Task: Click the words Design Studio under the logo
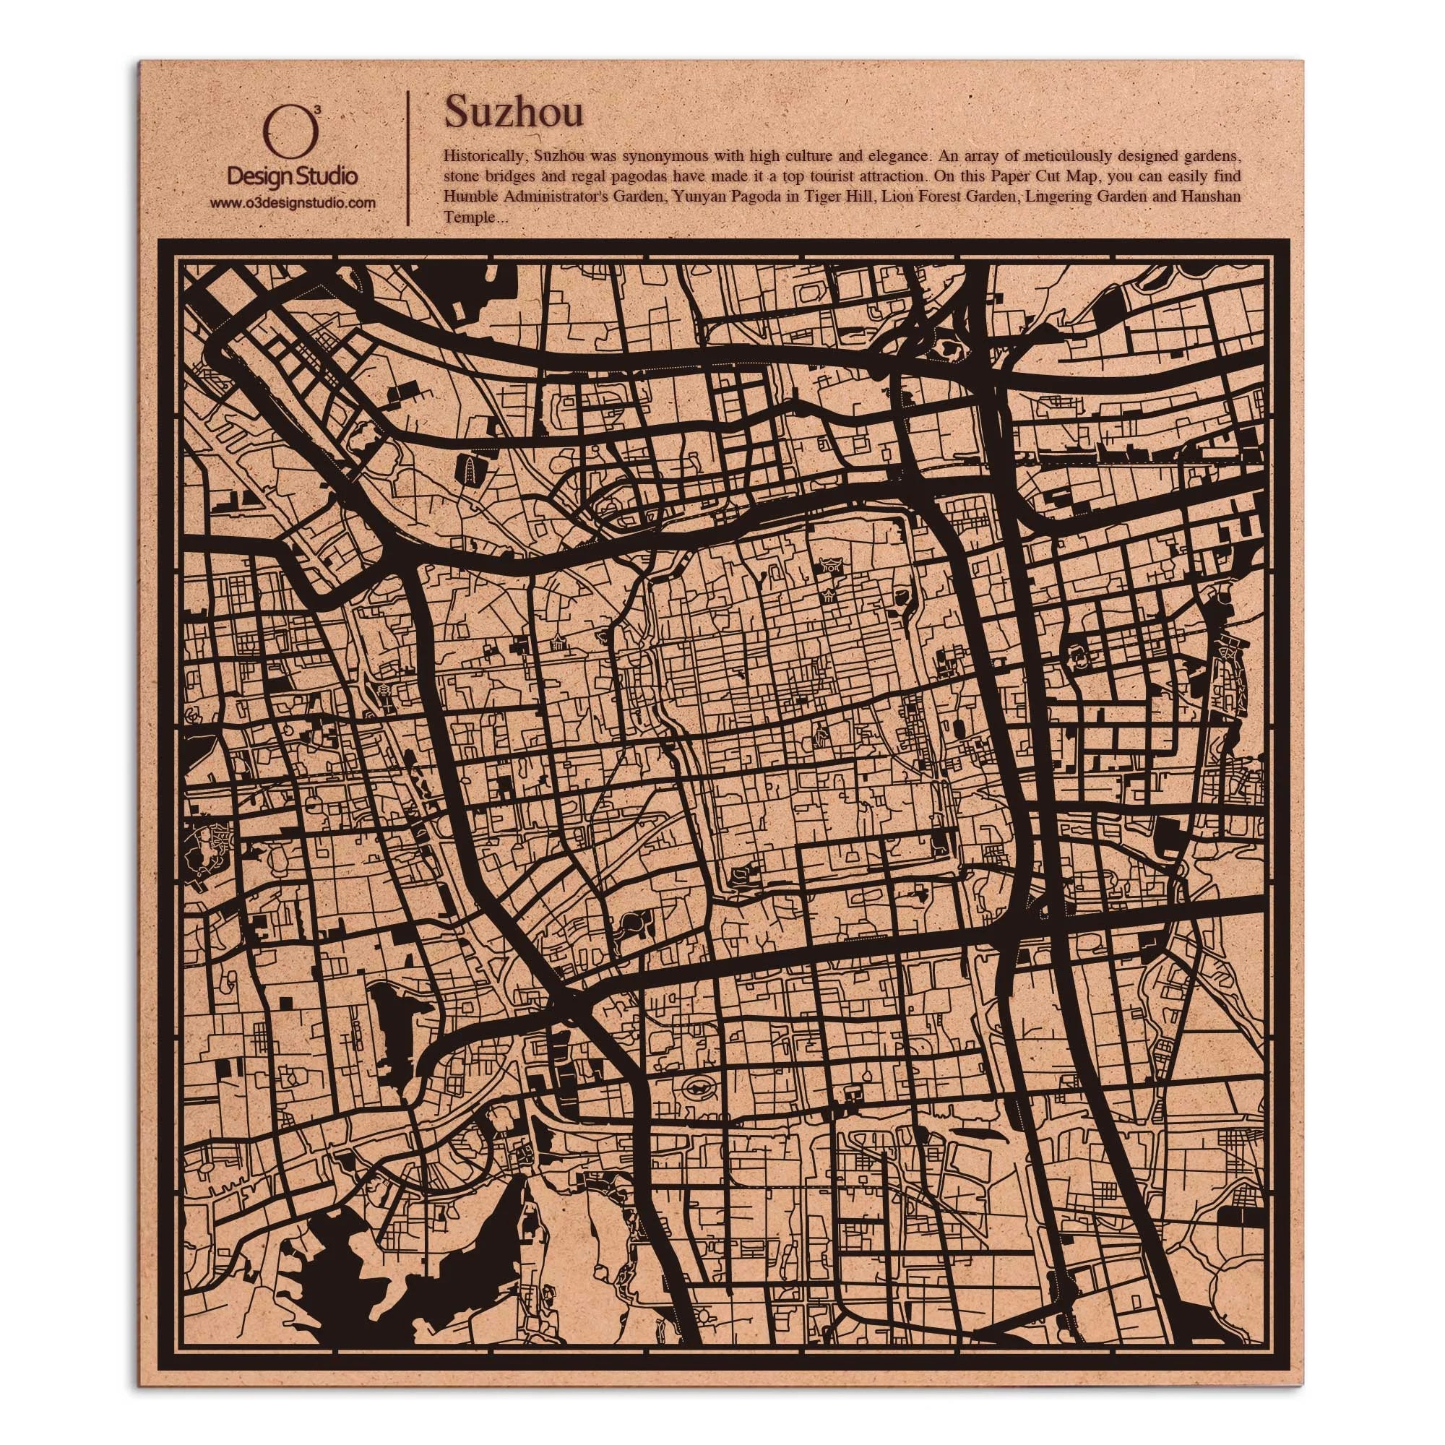[x=292, y=176]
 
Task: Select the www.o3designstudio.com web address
[x=292, y=204]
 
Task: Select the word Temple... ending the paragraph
[x=469, y=217]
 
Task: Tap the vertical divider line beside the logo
[x=407, y=158]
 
